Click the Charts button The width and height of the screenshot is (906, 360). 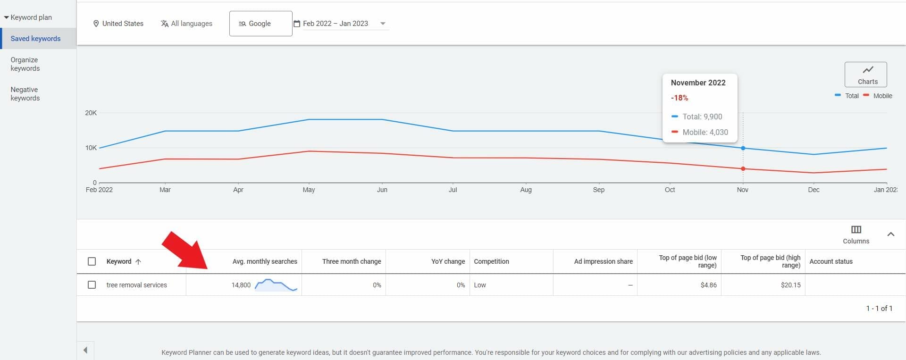pyautogui.click(x=865, y=75)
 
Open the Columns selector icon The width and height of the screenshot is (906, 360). pyautogui.click(x=856, y=230)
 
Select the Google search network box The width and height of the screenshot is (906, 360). pyautogui.click(x=260, y=24)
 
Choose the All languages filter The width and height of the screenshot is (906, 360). pyautogui.click(x=186, y=24)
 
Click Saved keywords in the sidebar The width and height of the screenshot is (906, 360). pyautogui.click(x=35, y=39)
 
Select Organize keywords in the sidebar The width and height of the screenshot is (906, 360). pyautogui.click(x=25, y=64)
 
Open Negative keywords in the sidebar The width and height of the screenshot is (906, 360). pyautogui.click(x=25, y=94)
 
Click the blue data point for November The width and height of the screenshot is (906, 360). pyautogui.click(x=743, y=148)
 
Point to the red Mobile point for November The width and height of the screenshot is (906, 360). pyautogui.click(x=743, y=169)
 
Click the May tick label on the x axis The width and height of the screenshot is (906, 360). pyautogui.click(x=309, y=190)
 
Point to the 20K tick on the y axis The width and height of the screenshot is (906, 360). pyautogui.click(x=91, y=113)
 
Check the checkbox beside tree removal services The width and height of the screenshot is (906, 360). pyautogui.click(x=92, y=285)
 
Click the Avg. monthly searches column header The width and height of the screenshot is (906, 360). pyautogui.click(x=265, y=261)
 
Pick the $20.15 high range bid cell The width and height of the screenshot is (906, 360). pyautogui.click(x=790, y=285)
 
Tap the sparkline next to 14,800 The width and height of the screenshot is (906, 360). pyautogui.click(x=276, y=285)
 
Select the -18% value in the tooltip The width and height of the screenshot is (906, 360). pyautogui.click(x=679, y=98)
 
